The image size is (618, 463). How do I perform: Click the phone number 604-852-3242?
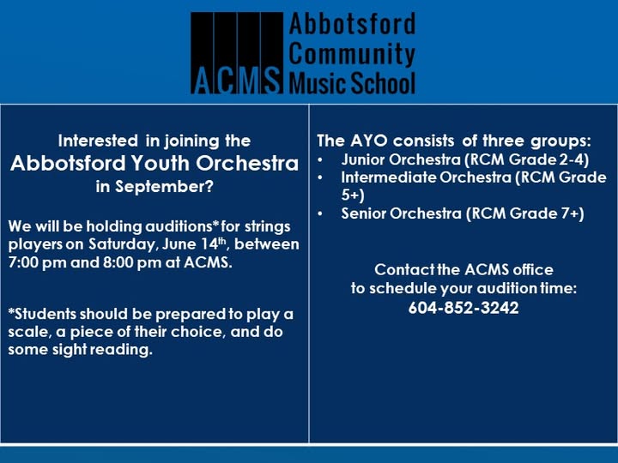pos(463,308)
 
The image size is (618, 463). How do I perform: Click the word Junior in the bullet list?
pos(362,159)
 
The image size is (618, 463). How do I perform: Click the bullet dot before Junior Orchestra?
pos(320,159)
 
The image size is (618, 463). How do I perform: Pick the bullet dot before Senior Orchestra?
pos(320,213)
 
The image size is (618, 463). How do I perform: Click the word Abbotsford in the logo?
pos(352,24)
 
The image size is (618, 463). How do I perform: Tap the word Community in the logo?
pos(352,53)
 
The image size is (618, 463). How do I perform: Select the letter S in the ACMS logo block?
pos(271,80)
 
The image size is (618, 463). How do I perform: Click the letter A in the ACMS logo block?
pos(202,80)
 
